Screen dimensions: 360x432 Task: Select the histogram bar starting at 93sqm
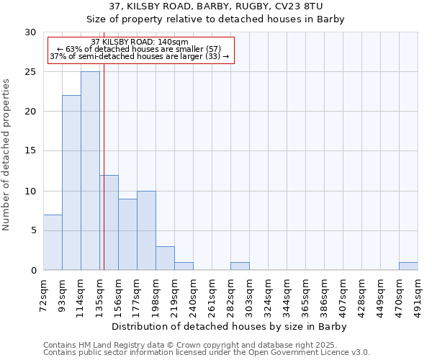click(71, 183)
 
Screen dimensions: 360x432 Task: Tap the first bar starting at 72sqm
click(53, 242)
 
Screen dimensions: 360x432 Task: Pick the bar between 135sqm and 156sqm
click(109, 222)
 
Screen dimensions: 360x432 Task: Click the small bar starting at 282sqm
click(240, 266)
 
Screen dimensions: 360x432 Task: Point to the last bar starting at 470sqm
click(408, 266)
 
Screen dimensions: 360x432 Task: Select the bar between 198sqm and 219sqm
click(165, 258)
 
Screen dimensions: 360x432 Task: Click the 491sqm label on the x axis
click(418, 296)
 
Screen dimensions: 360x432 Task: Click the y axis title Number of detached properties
click(6, 151)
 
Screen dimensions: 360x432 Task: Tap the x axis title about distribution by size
click(230, 326)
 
